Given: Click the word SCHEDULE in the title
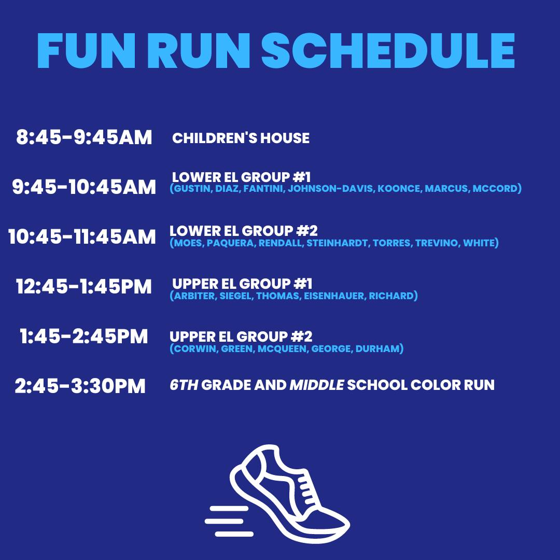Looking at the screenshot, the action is pyautogui.click(x=388, y=51).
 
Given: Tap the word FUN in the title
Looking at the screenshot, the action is pyautogui.click(x=86, y=51).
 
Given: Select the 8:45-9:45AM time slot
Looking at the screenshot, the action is pyautogui.click(x=84, y=137).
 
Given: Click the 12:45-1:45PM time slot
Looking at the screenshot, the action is pyautogui.click(x=84, y=286).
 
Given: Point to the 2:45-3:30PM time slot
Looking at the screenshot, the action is pyautogui.click(x=80, y=386).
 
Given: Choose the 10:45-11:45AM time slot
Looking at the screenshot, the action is pyautogui.click(x=82, y=236).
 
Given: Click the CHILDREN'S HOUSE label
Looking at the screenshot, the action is pyautogui.click(x=241, y=138).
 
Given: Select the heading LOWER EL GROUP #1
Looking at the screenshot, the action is pyautogui.click(x=242, y=177).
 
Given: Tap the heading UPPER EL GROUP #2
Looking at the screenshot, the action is pyautogui.click(x=241, y=337).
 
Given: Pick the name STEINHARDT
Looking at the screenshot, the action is pyautogui.click(x=337, y=243).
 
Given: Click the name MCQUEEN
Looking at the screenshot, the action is pyautogui.click(x=282, y=348).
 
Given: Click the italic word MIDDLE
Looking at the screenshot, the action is pyautogui.click(x=316, y=385).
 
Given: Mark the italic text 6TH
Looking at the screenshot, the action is pyautogui.click(x=184, y=385).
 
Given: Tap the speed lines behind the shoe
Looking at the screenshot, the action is pyautogui.click(x=229, y=521).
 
